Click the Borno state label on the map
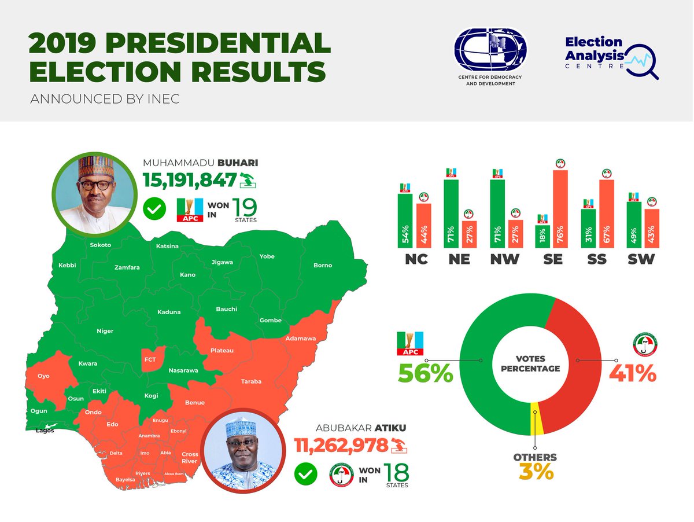pyautogui.click(x=323, y=265)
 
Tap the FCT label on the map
pyautogui.click(x=150, y=359)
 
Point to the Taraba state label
pyautogui.click(x=251, y=381)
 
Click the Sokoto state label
pyautogui.click(x=100, y=245)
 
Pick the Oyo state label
pyautogui.click(x=43, y=376)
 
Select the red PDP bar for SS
pyautogui.click(x=606, y=214)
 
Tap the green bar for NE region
pyautogui.click(x=451, y=214)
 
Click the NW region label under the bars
pyautogui.click(x=504, y=259)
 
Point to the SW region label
pyautogui.click(x=641, y=259)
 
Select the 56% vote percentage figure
pyautogui.click(x=425, y=373)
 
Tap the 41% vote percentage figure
pyautogui.click(x=633, y=373)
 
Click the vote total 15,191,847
pyautogui.click(x=190, y=180)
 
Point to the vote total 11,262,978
pyautogui.click(x=341, y=445)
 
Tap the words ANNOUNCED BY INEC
pyautogui.click(x=105, y=99)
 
